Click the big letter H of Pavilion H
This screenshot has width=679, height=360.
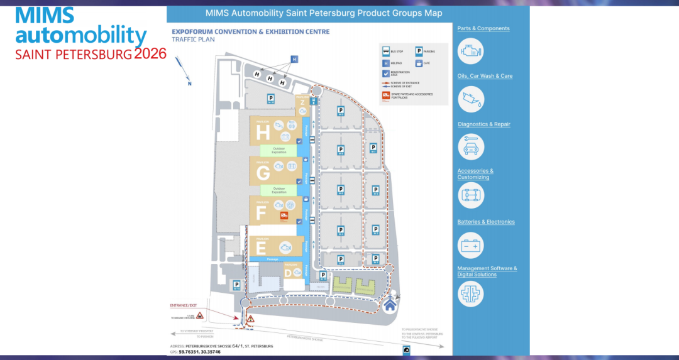[x=263, y=133]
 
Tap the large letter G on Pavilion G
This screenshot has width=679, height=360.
[x=263, y=173]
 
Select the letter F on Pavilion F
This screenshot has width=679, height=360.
[x=262, y=213]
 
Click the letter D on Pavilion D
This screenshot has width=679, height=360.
[x=289, y=273]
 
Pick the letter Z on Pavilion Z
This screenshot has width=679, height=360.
[x=302, y=102]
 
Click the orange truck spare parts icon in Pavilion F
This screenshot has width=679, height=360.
[x=284, y=216]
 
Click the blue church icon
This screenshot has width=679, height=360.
[x=390, y=305]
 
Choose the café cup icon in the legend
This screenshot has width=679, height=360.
[x=419, y=63]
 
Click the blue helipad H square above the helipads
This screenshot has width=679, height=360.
[x=294, y=60]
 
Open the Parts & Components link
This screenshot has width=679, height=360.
[x=483, y=28]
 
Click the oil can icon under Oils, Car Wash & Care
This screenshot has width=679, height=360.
[x=470, y=98]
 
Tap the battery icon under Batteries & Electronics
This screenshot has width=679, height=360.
[x=470, y=246]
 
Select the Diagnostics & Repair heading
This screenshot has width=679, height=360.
[x=483, y=124]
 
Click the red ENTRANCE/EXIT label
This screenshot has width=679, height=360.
[x=188, y=305]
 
